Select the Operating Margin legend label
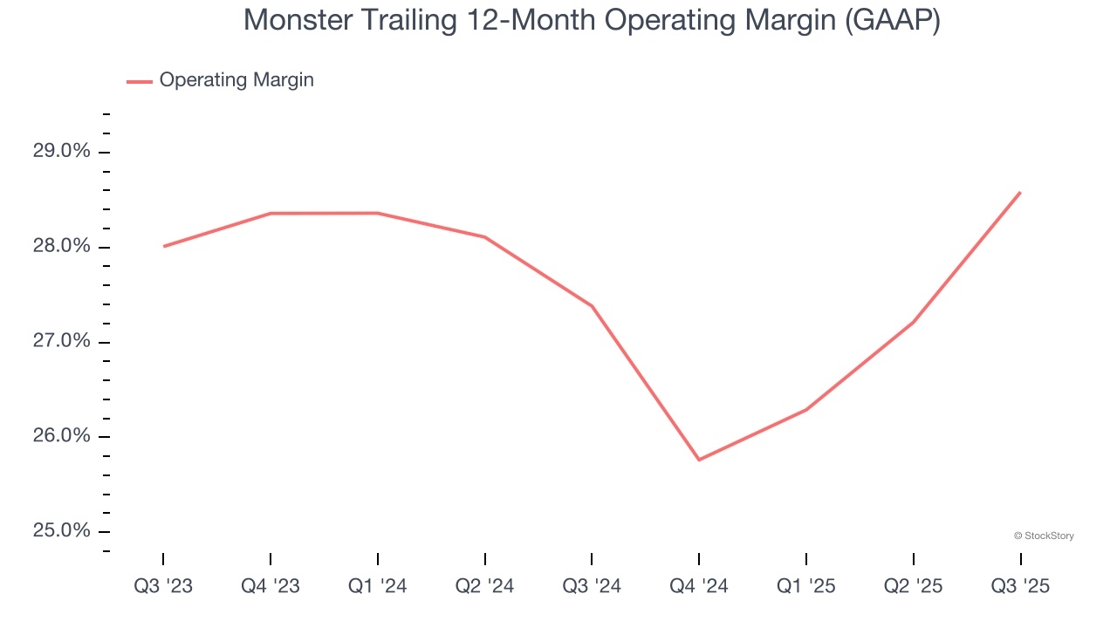coord(236,80)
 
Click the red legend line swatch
coord(140,81)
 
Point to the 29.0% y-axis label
coord(61,152)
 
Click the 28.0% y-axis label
coord(61,247)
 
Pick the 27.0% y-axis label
coord(61,341)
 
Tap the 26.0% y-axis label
coord(61,436)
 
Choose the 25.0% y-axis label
coord(61,531)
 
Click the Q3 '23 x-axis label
coord(163,587)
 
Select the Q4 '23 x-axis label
coord(271,587)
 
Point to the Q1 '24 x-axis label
coord(378,587)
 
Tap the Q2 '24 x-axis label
coord(485,587)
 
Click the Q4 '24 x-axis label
coord(699,587)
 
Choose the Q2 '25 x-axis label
coord(914,587)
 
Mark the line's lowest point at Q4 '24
coord(699,460)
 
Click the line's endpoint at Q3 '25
coord(1020,193)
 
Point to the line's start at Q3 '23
coord(163,246)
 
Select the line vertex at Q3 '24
coord(592,306)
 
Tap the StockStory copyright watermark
coord(1044,536)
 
